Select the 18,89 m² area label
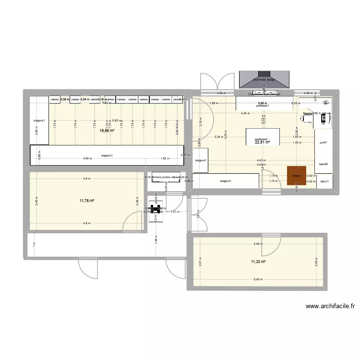pyautogui.click(x=107, y=130)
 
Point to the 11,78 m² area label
pyautogui.click(x=87, y=201)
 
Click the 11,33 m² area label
pyautogui.click(x=258, y=262)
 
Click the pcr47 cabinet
pyautogui.click(x=323, y=143)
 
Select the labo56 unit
pyautogui.click(x=323, y=164)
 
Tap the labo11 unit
pyautogui.click(x=324, y=181)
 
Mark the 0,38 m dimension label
pyautogui.click(x=65, y=99)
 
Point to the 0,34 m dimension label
pyautogui.click(x=84, y=99)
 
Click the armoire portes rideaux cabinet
pyautogui.click(x=166, y=177)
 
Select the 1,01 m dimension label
pyautogui.click(x=175, y=211)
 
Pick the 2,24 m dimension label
pyautogui.click(x=219, y=137)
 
